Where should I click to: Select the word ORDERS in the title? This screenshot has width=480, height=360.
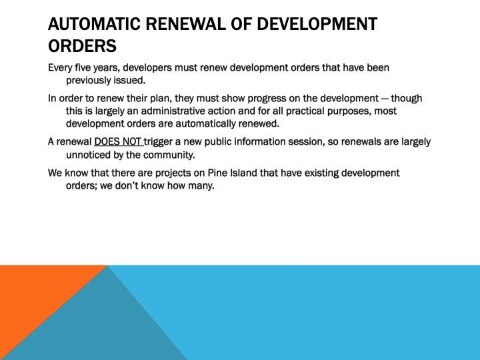coord(83,47)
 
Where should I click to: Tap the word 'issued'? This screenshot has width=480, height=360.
coord(131,80)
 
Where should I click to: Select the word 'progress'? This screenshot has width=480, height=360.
coord(284,98)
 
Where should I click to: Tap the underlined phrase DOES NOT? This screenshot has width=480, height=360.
coord(118,142)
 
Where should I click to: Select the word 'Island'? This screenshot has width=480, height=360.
coord(255,173)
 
